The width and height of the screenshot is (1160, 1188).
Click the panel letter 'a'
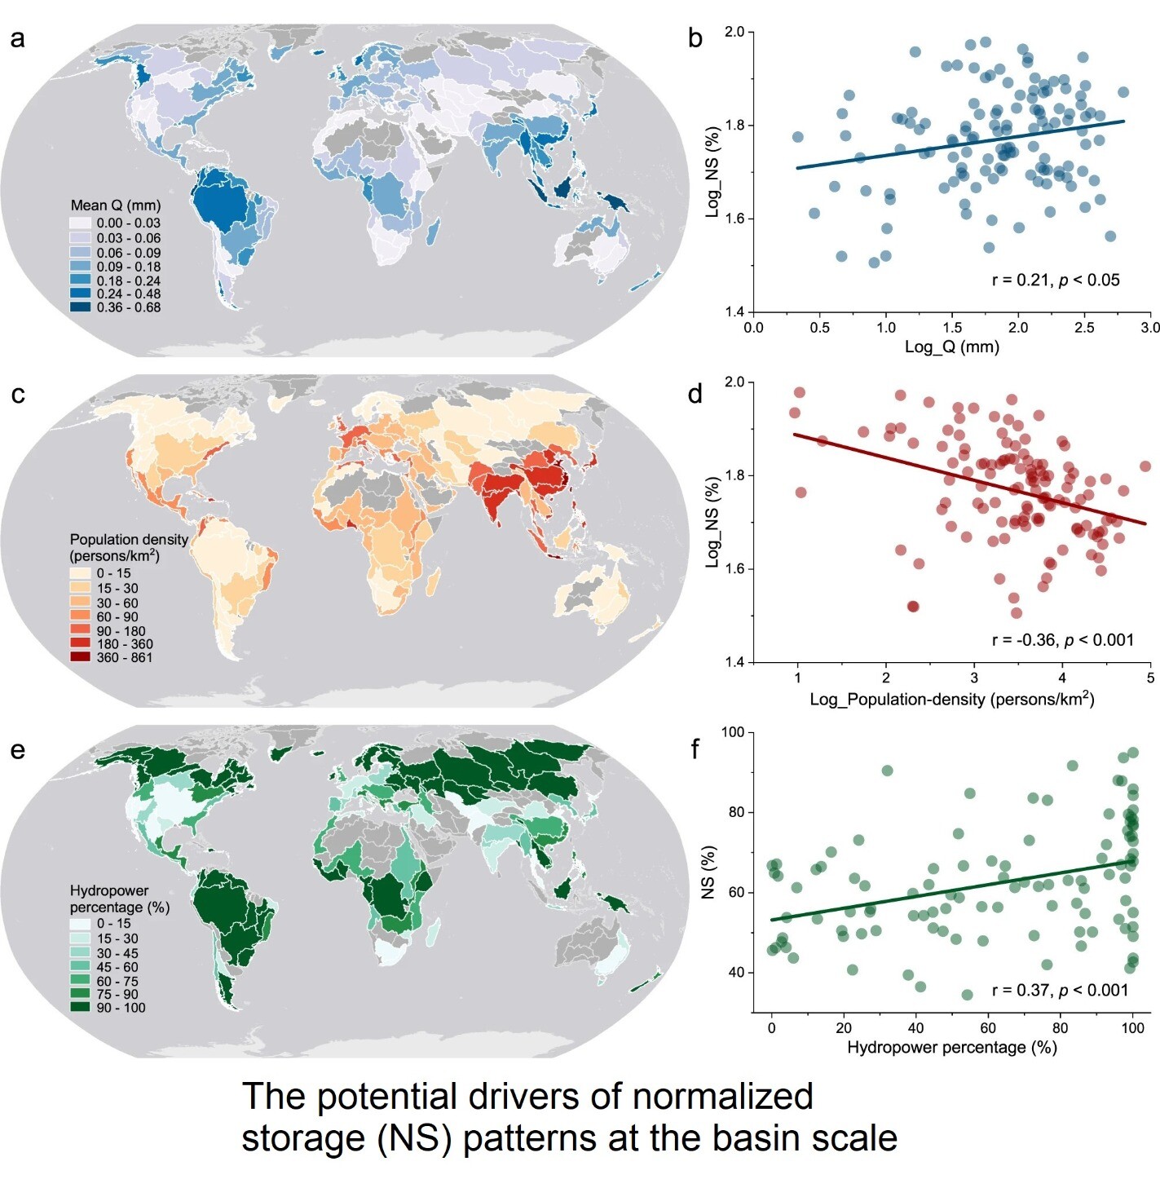[x=17, y=39]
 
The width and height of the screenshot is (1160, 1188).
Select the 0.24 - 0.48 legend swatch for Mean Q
[x=80, y=294]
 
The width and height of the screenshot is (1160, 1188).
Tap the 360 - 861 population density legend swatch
[x=80, y=657]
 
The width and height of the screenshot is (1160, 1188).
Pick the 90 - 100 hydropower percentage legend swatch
[x=80, y=1008]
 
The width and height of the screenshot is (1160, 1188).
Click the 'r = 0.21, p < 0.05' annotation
[x=1056, y=280]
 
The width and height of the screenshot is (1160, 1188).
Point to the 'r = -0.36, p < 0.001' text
[x=1062, y=640]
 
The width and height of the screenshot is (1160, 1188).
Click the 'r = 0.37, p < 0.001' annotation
[x=1060, y=990]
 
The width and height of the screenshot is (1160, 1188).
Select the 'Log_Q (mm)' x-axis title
[x=951, y=347]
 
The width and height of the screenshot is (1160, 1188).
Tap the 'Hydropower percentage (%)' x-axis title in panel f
[x=951, y=1047]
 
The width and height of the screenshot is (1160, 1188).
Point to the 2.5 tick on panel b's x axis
[x=1084, y=328]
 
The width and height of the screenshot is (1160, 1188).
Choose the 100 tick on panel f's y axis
[x=733, y=732]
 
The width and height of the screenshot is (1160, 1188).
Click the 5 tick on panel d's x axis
[x=1150, y=678]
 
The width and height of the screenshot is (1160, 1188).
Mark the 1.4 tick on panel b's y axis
[x=734, y=312]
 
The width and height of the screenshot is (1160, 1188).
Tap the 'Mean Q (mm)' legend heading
[x=115, y=205]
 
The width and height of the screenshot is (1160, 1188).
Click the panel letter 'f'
[x=695, y=749]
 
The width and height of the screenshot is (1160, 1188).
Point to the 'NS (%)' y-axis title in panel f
[x=708, y=871]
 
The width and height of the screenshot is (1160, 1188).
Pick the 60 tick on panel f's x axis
[x=988, y=1027]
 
